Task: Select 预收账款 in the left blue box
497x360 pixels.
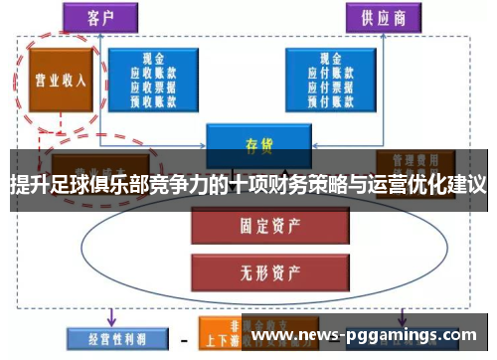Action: click(156, 100)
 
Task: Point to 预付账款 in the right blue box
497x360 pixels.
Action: click(334, 100)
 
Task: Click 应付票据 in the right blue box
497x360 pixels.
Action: click(334, 88)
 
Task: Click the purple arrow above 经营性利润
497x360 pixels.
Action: click(110, 316)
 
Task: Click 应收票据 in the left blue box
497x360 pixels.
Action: click(156, 88)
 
